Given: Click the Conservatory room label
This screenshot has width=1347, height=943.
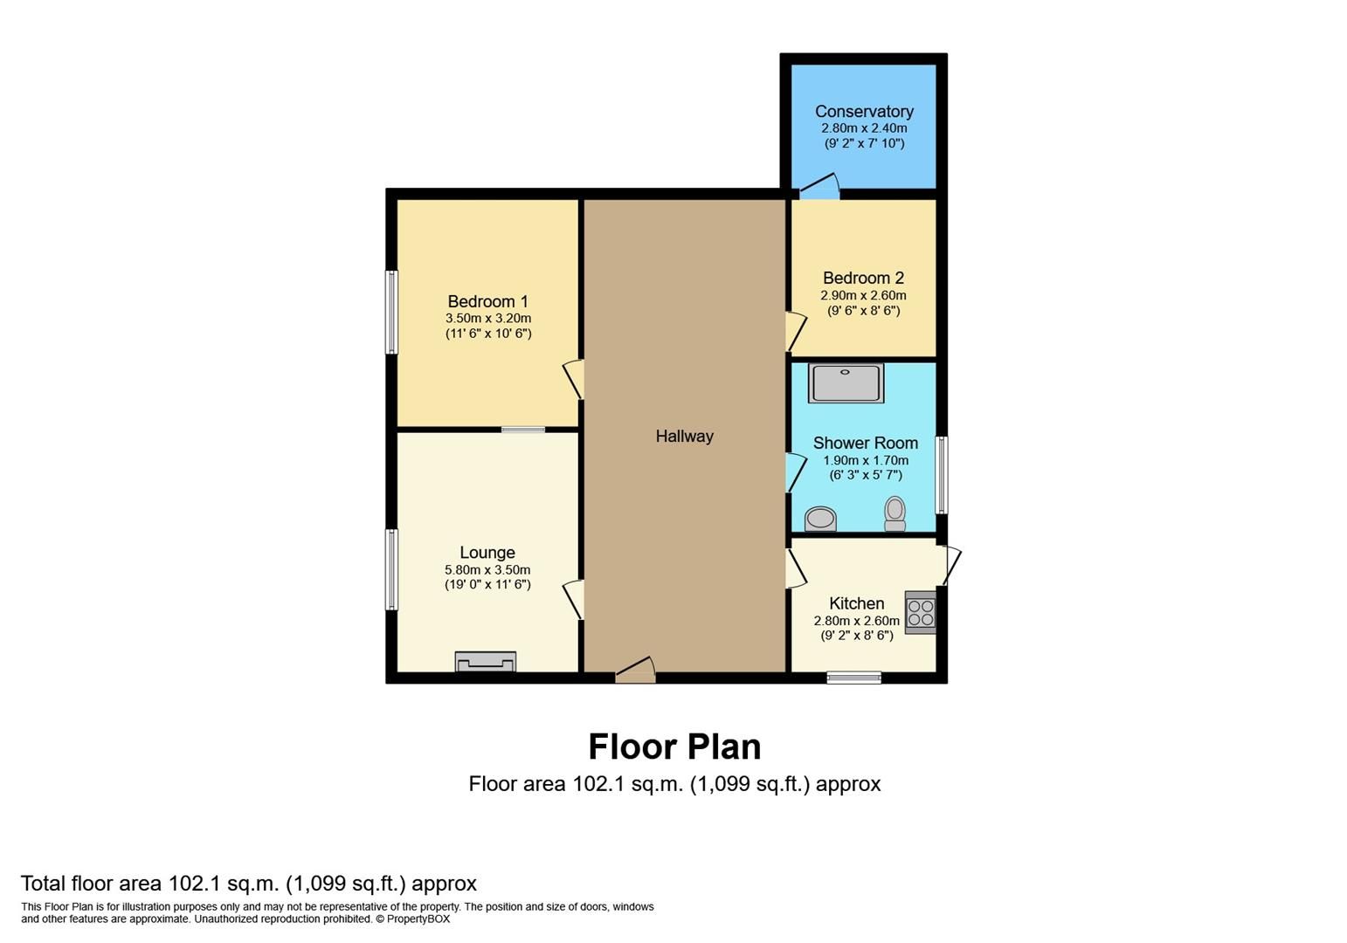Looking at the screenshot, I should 864,112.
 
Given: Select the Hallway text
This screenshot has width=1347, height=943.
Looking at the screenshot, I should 684,437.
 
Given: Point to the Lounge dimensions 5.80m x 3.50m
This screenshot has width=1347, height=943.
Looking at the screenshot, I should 487,569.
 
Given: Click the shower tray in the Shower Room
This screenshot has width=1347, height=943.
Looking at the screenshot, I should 845,383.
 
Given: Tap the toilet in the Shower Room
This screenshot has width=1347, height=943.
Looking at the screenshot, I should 895,513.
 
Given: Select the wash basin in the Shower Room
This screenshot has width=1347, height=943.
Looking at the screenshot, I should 820,519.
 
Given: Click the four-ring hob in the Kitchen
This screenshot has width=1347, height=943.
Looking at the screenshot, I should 920,612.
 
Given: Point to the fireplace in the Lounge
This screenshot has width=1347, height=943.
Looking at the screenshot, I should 485,663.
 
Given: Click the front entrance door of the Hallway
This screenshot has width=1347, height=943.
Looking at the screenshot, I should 636,670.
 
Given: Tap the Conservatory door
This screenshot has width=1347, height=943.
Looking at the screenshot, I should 819,185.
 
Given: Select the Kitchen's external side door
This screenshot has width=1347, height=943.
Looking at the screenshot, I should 950,565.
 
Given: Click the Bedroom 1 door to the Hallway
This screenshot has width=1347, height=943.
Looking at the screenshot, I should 574,379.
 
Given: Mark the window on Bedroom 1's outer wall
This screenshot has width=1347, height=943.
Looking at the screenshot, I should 392,312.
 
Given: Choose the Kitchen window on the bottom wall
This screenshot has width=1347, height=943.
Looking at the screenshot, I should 853,677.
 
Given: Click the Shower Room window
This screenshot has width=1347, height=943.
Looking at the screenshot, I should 941,474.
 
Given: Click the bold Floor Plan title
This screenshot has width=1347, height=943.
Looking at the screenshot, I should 674,747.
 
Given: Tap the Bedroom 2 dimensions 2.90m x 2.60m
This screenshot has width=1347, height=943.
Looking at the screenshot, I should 863,295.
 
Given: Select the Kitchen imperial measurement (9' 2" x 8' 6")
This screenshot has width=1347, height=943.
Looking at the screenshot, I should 856,636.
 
